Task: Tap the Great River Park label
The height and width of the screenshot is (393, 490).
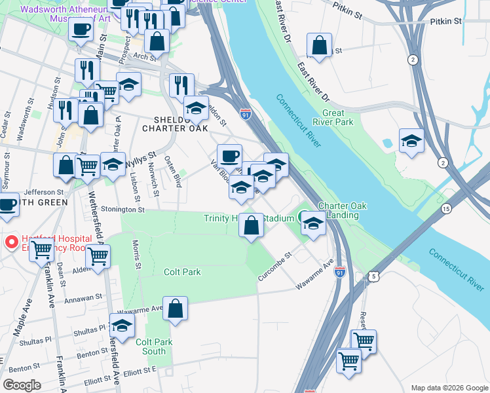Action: click(x=337, y=117)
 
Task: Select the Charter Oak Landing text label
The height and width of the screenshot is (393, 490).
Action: click(x=342, y=210)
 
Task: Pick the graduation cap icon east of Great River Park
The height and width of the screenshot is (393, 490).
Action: click(x=411, y=141)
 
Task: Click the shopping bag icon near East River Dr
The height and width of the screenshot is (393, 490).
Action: click(x=318, y=46)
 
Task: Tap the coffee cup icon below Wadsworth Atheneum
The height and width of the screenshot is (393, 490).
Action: click(x=81, y=29)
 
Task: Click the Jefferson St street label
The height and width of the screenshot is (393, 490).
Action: click(x=41, y=192)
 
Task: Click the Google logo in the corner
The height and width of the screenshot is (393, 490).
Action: click(x=22, y=385)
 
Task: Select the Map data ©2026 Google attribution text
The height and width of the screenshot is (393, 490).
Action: click(x=449, y=387)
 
